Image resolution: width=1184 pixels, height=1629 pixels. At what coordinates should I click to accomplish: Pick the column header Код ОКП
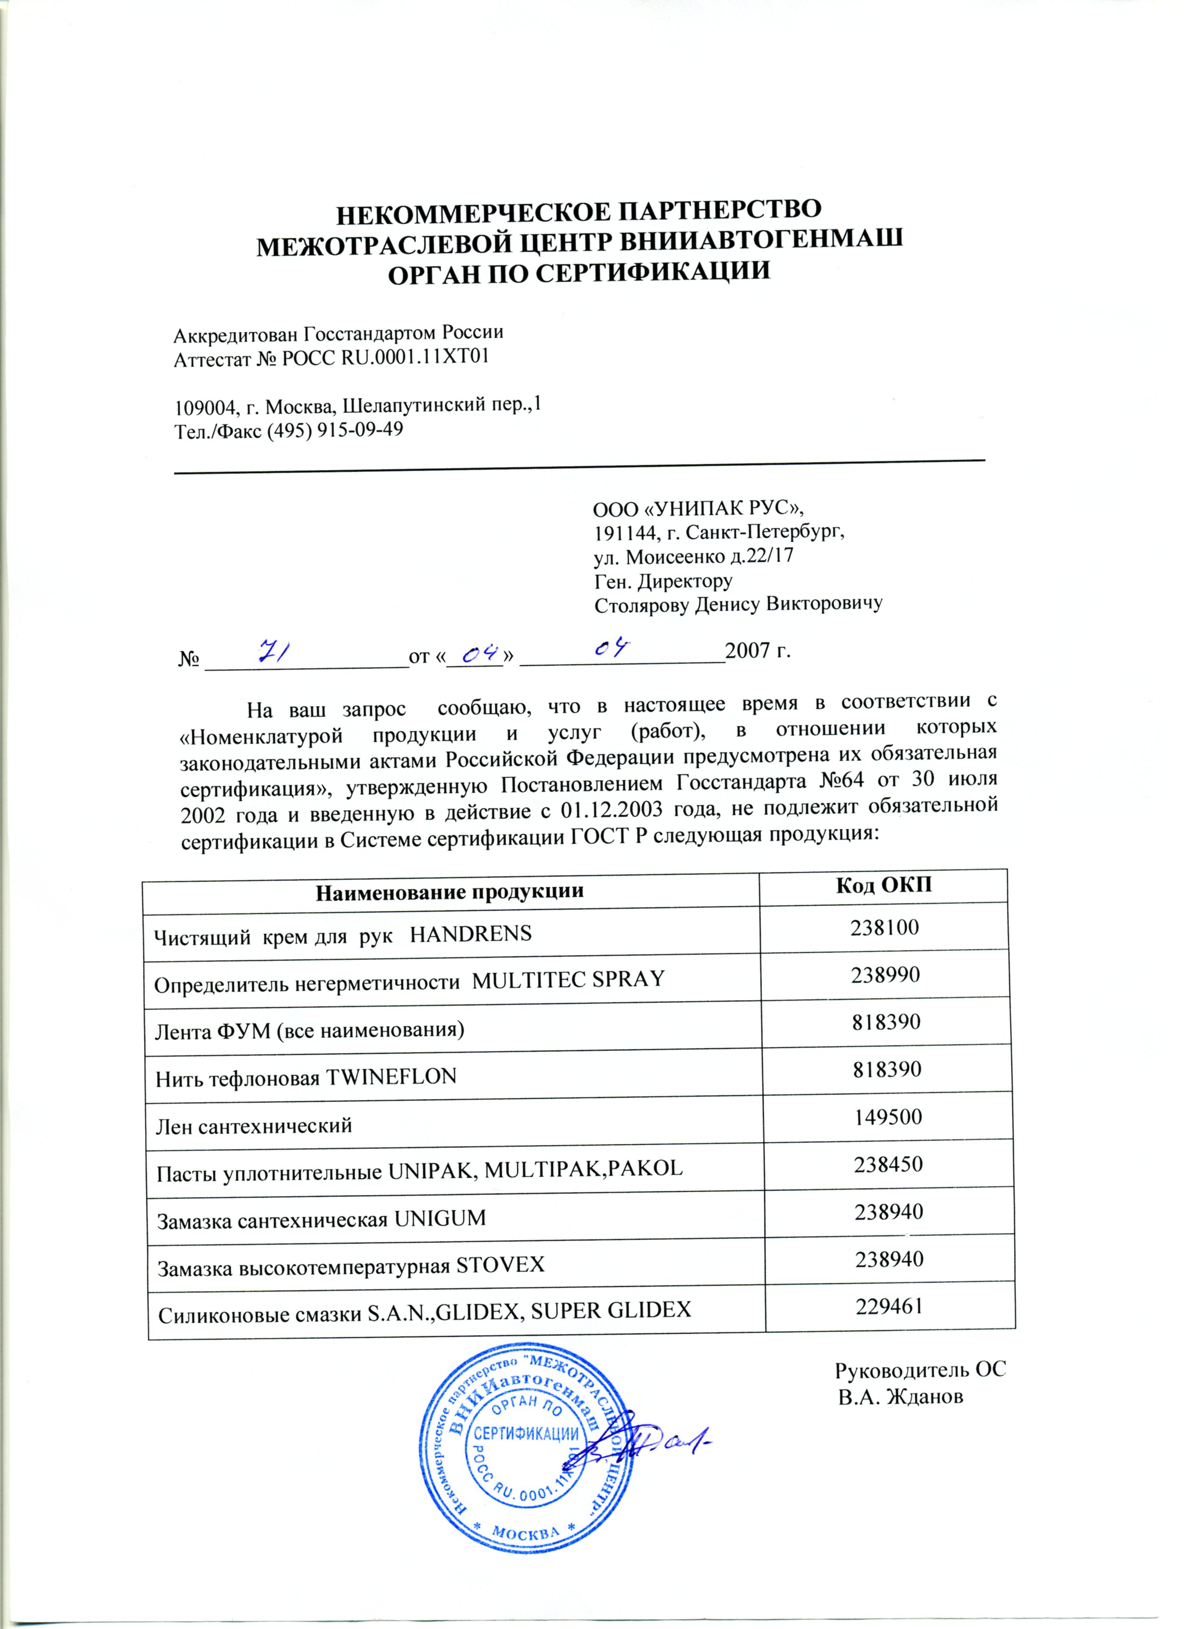pos(884,885)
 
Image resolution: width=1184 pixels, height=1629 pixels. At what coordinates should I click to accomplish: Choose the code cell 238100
pos(885,927)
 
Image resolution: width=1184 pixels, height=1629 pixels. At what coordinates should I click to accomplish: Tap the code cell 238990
pos(886,975)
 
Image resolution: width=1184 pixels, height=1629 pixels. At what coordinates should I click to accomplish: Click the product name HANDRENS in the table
pos(471,934)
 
